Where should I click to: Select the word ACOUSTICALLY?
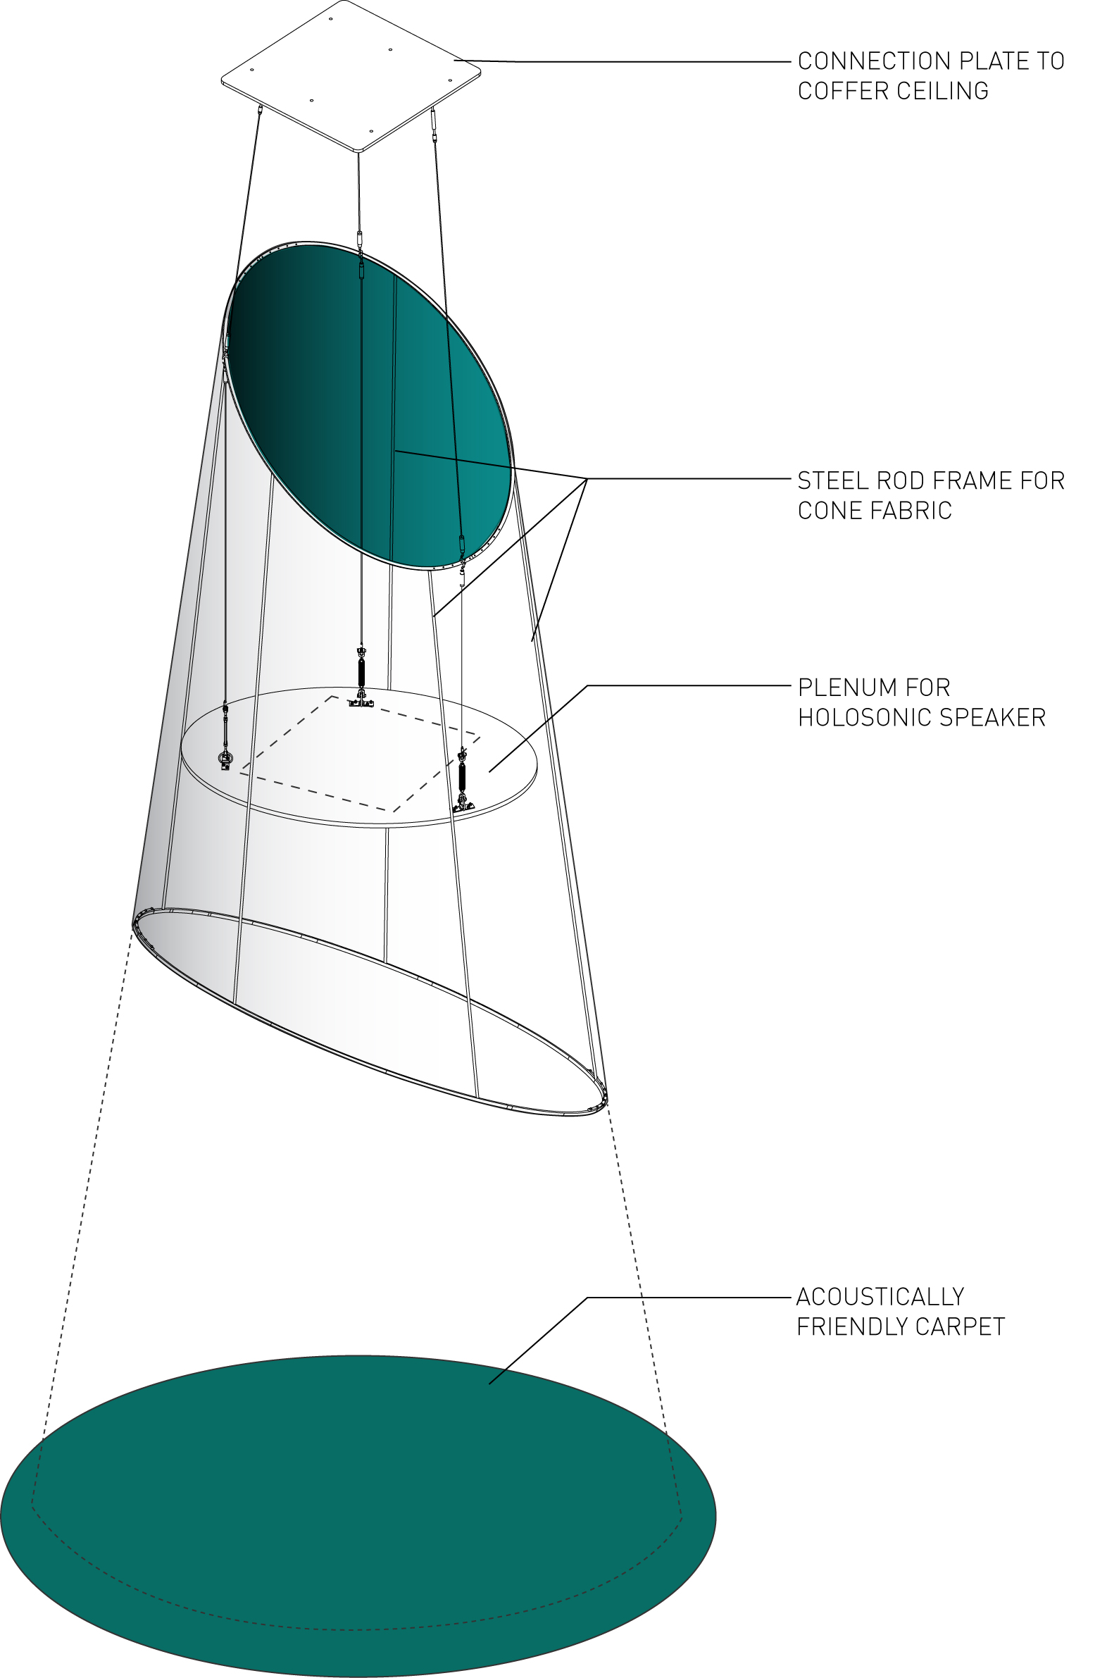[880, 1298]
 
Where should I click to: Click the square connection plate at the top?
[351, 75]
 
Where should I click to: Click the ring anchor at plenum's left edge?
[225, 759]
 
